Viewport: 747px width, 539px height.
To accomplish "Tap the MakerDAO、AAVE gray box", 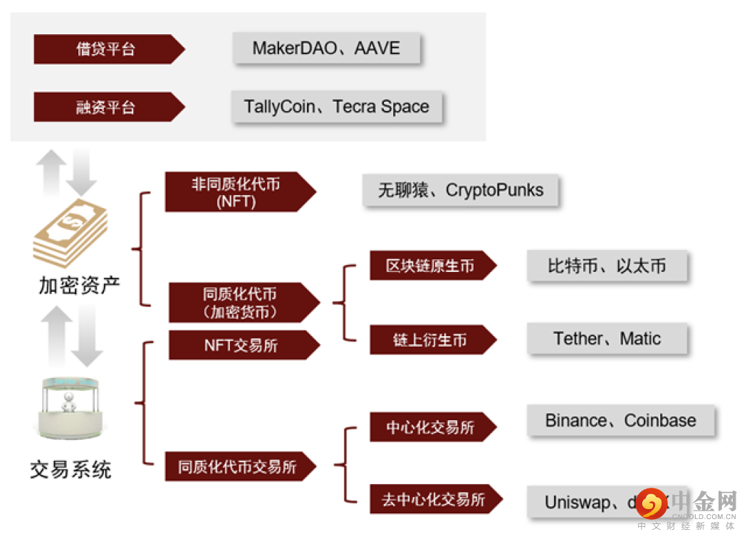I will coord(326,48).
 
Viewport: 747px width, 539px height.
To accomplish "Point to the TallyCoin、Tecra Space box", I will coord(336,107).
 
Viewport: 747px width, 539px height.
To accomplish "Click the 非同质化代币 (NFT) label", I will coord(236,192).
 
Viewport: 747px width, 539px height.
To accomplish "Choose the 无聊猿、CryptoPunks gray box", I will coord(460,191).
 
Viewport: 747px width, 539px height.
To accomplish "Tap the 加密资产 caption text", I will coord(79,285).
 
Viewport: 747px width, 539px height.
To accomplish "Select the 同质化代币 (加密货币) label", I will coord(240,303).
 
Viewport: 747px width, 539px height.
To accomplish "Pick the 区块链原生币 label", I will coord(429,266).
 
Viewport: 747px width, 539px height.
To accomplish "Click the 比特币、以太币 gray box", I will coord(607,266).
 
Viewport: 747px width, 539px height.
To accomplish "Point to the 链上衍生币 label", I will coord(429,340).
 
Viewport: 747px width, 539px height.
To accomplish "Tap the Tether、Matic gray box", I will coord(607,339).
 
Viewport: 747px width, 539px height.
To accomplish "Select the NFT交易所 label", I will coord(241,345).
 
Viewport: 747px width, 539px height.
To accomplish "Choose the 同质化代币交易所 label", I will coord(237,467).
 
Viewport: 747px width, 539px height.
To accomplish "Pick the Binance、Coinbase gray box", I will coord(620,421).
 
